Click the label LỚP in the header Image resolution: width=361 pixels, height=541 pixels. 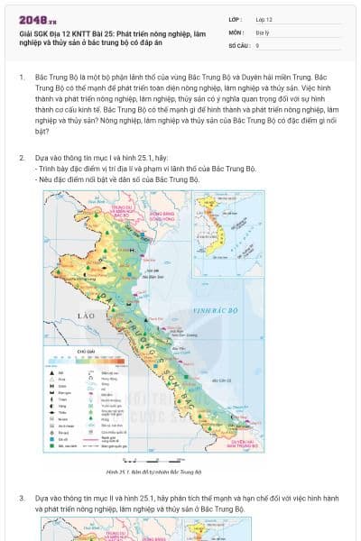click(236, 19)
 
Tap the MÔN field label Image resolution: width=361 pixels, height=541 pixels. click(236, 32)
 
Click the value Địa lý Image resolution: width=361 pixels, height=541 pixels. click(263, 32)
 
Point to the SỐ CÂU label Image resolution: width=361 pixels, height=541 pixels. click(239, 44)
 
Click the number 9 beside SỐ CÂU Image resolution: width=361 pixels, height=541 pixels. click(258, 44)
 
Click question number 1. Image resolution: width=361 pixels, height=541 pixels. click(21, 78)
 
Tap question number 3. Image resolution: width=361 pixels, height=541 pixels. click(21, 497)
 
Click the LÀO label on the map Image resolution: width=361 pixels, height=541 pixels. click(88, 316)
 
